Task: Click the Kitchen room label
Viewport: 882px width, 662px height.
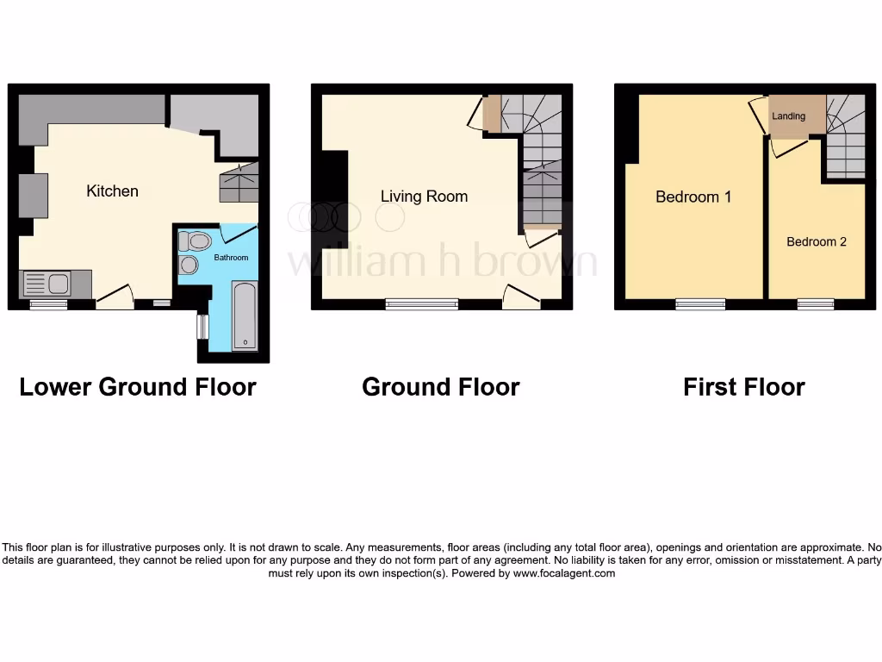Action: click(x=112, y=191)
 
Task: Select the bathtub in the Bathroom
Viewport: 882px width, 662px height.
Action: click(x=245, y=315)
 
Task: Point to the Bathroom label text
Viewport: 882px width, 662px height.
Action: click(x=231, y=258)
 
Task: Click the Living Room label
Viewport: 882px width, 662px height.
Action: click(x=424, y=197)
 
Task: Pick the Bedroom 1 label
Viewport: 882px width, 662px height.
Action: click(x=693, y=197)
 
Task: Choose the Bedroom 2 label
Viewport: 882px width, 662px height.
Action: click(x=816, y=241)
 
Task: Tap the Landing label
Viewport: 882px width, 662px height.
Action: click(x=788, y=116)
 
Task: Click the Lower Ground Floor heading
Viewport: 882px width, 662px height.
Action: click(x=138, y=387)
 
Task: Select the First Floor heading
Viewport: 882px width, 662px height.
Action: click(x=743, y=387)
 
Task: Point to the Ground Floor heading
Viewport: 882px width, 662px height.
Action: click(x=440, y=387)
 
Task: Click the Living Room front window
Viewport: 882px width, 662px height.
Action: click(x=421, y=303)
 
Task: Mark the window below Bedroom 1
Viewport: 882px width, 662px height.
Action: click(x=700, y=303)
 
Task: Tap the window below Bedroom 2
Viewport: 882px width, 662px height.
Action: click(x=815, y=303)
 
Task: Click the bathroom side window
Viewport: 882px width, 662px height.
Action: click(x=202, y=328)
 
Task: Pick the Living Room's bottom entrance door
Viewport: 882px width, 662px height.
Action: click(x=522, y=298)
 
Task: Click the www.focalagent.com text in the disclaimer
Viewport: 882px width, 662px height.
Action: click(x=564, y=573)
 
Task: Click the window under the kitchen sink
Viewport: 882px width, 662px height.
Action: click(x=48, y=303)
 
